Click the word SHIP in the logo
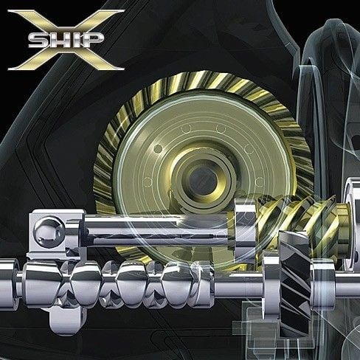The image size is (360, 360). click(66, 40)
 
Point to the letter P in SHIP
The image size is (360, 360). click(94, 40)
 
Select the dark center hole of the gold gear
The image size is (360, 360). click(204, 181)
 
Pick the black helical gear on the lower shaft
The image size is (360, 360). click(294, 283)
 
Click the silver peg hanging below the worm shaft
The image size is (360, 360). click(66, 319)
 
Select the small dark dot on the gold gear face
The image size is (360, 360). click(158, 148)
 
